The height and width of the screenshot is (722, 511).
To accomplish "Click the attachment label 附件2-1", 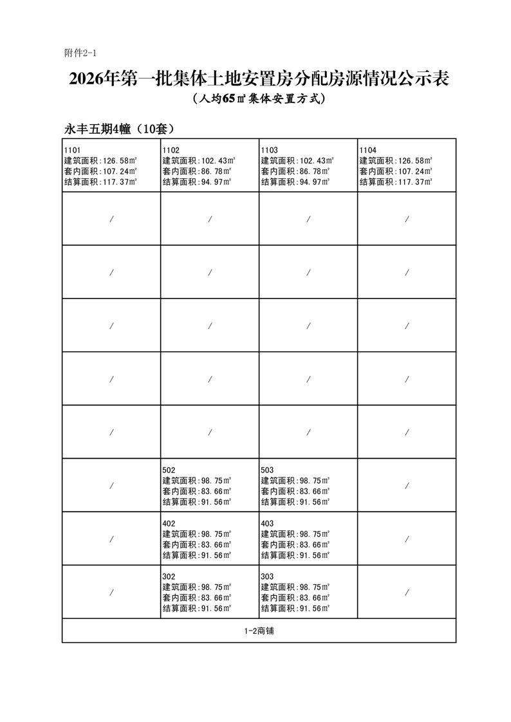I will click(x=80, y=52).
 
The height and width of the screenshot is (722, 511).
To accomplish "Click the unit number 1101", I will click(x=73, y=149).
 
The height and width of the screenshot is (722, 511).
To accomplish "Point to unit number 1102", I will click(x=171, y=149).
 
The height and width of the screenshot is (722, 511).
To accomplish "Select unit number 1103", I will click(x=270, y=149).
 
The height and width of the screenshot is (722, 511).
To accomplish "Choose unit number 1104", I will click(x=368, y=149).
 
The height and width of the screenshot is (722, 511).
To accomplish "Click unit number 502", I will click(x=169, y=470).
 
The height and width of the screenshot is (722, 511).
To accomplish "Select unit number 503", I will click(x=268, y=470).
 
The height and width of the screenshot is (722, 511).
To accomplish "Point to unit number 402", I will click(x=169, y=523).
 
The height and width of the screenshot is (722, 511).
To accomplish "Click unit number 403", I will click(x=268, y=523).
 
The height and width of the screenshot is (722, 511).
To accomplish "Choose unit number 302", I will click(x=169, y=576).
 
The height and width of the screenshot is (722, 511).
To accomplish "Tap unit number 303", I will click(x=268, y=576).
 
